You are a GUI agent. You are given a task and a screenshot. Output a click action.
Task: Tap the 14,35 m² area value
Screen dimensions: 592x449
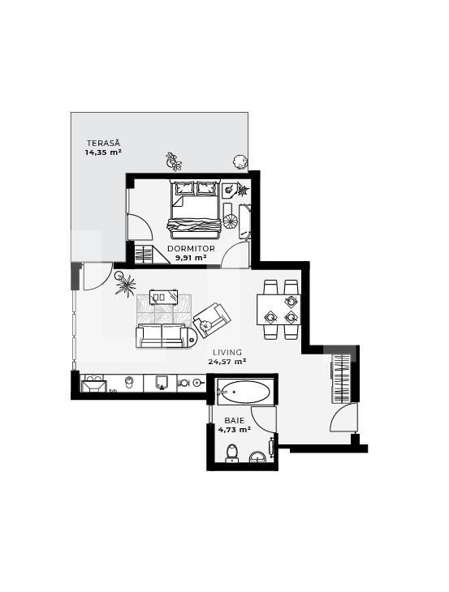pyautogui.click(x=103, y=152)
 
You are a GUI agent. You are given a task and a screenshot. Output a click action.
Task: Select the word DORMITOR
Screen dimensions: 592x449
pyautogui.click(x=191, y=248)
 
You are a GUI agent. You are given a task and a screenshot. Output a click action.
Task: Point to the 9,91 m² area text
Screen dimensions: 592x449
pyautogui.click(x=191, y=257)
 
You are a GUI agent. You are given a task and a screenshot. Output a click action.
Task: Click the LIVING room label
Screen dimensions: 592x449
pyautogui.click(x=227, y=352)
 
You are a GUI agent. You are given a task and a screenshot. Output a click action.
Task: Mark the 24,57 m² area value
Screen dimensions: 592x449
pyautogui.click(x=227, y=361)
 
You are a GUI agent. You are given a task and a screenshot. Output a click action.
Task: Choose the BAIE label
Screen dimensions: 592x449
pyautogui.click(x=235, y=420)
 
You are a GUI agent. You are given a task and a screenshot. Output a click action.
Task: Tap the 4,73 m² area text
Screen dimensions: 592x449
pyautogui.click(x=234, y=429)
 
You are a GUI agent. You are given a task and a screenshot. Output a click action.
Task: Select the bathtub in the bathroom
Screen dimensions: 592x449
pyautogui.click(x=242, y=392)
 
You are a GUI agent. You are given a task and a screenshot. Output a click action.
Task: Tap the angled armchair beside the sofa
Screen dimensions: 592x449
pyautogui.click(x=210, y=319)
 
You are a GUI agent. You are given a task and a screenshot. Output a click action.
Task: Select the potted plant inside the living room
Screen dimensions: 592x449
pyautogui.click(x=126, y=285)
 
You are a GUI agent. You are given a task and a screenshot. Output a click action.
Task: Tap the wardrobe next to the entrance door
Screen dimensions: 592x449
pyautogui.click(x=341, y=376)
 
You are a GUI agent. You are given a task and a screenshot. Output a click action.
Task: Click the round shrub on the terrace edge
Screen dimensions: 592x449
pyautogui.click(x=240, y=160)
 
